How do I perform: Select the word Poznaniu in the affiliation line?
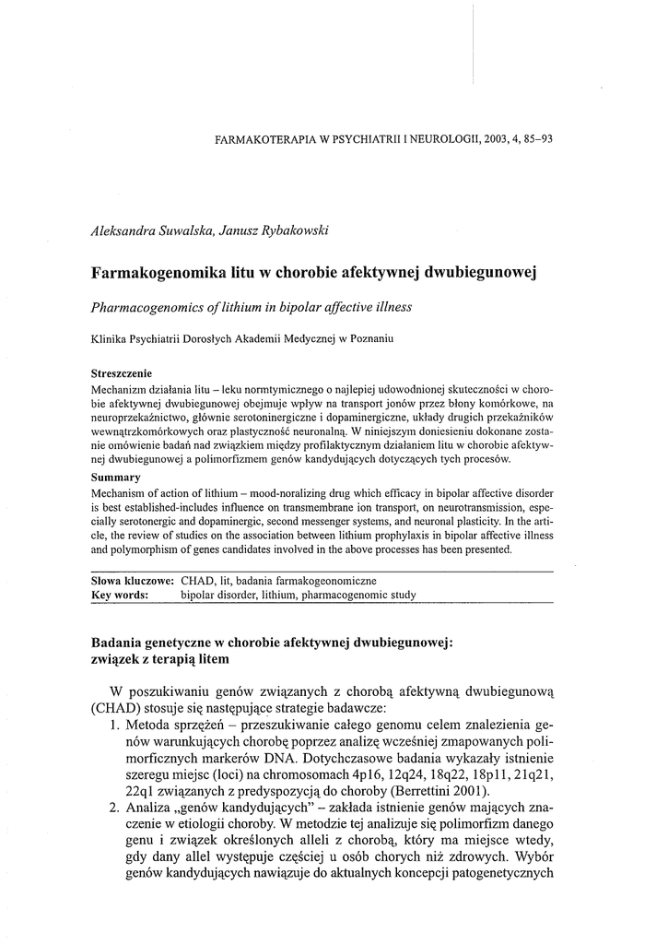[369, 339]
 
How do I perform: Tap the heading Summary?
[116, 477]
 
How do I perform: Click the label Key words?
[120, 596]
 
